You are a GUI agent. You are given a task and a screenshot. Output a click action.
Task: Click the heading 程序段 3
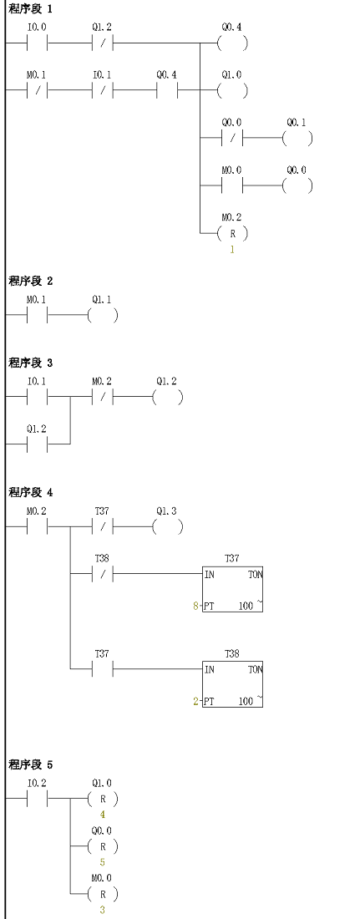(31, 363)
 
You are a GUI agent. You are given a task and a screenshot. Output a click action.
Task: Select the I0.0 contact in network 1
(38, 43)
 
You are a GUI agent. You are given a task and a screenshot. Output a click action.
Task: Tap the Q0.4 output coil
(232, 43)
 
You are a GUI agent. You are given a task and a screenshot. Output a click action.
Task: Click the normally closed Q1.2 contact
(102, 43)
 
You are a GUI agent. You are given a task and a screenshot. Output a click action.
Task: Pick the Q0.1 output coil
(297, 139)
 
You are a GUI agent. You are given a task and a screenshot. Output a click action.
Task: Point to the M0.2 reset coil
(232, 234)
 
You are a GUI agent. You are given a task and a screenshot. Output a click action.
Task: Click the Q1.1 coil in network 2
(103, 315)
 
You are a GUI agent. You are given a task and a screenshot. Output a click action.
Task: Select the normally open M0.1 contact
(38, 315)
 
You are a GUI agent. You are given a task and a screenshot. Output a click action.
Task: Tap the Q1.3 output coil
(168, 526)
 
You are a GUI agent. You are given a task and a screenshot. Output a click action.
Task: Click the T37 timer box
(232, 589)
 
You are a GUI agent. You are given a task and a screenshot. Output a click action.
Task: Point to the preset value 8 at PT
(195, 606)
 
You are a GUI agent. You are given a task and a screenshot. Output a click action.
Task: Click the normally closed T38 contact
(102, 574)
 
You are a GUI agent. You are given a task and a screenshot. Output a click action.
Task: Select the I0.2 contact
(38, 798)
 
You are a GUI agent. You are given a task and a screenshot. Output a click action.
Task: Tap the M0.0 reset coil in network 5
(103, 894)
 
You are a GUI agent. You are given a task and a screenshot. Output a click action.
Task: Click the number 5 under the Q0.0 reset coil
(102, 862)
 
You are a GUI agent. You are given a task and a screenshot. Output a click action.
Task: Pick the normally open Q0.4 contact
(167, 91)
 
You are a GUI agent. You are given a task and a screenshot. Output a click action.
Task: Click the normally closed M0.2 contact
(102, 397)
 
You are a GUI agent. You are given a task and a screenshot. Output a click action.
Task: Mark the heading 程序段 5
(31, 764)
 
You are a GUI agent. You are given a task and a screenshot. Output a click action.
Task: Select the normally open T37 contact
(102, 668)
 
